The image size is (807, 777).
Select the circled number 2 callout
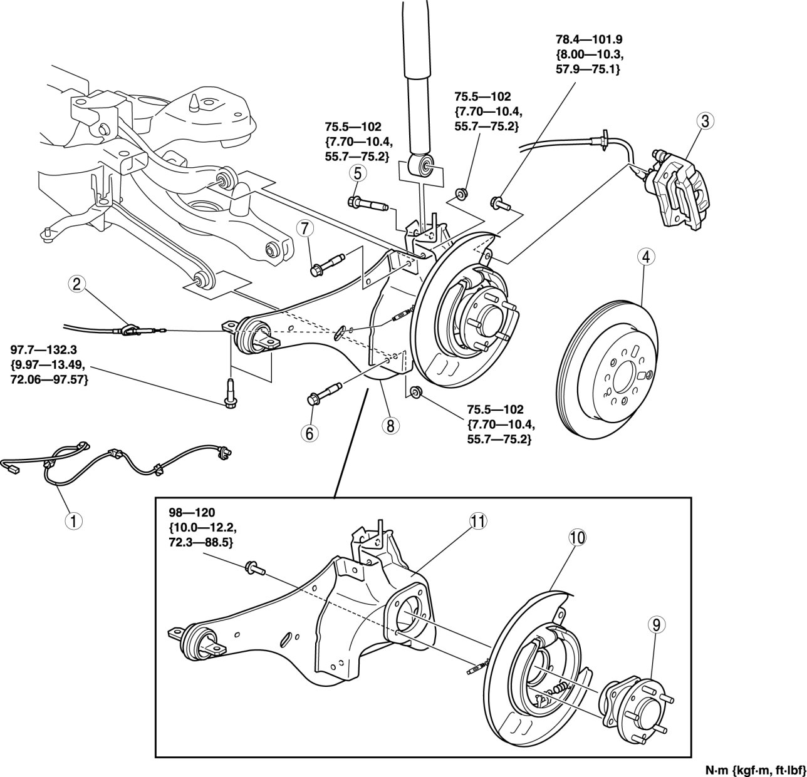(77, 285)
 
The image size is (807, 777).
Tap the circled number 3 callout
(705, 121)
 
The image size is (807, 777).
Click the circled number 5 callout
(357, 172)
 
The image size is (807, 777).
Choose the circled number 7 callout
(306, 229)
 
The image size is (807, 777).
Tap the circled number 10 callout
(576, 537)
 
